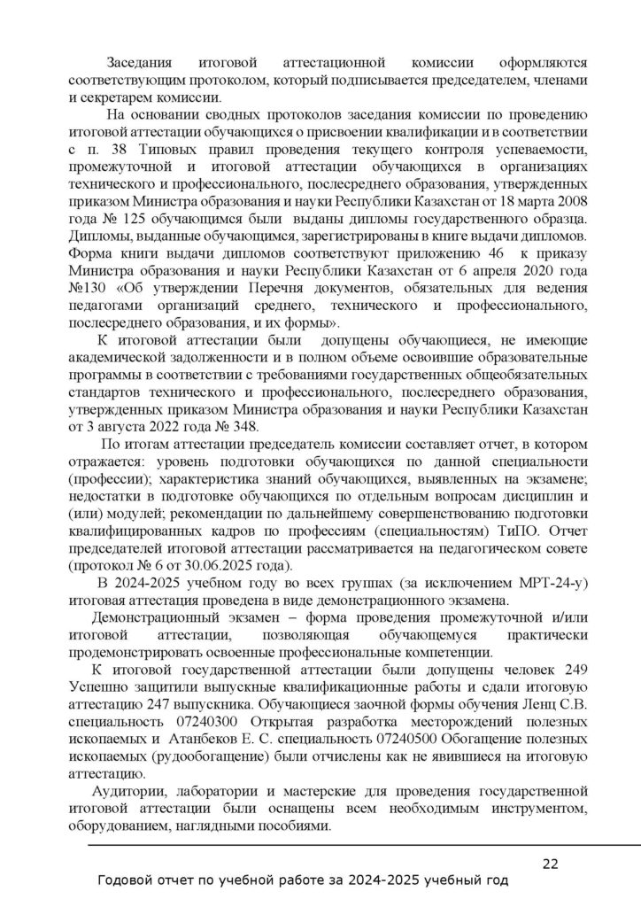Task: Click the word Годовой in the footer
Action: (123, 881)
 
